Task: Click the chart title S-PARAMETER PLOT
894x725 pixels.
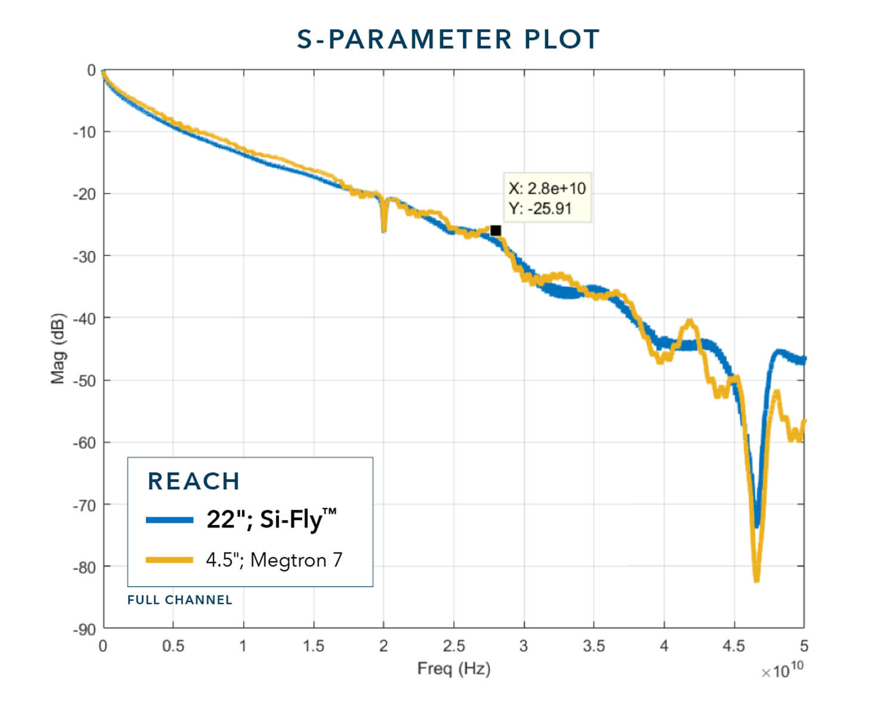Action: point(448,39)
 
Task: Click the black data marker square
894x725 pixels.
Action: point(495,231)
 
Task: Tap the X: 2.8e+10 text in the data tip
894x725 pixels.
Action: point(547,189)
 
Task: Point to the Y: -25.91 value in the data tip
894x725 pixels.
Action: point(540,209)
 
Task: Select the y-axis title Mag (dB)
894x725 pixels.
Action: point(58,348)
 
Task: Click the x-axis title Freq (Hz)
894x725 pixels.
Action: point(454,668)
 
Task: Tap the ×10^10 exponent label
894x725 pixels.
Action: point(782,670)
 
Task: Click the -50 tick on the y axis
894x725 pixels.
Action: point(84,380)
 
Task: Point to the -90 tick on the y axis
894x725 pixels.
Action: point(84,630)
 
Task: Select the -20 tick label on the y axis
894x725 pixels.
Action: point(84,194)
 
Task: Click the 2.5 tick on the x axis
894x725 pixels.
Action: point(454,646)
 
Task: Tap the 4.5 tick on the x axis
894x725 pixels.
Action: point(734,646)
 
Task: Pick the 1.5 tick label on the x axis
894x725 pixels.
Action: point(313,646)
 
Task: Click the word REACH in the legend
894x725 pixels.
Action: point(194,481)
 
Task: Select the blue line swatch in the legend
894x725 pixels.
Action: point(170,520)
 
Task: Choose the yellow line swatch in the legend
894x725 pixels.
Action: point(170,560)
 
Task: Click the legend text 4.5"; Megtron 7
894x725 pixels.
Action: point(274,560)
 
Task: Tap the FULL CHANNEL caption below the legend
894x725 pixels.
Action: point(179,600)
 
